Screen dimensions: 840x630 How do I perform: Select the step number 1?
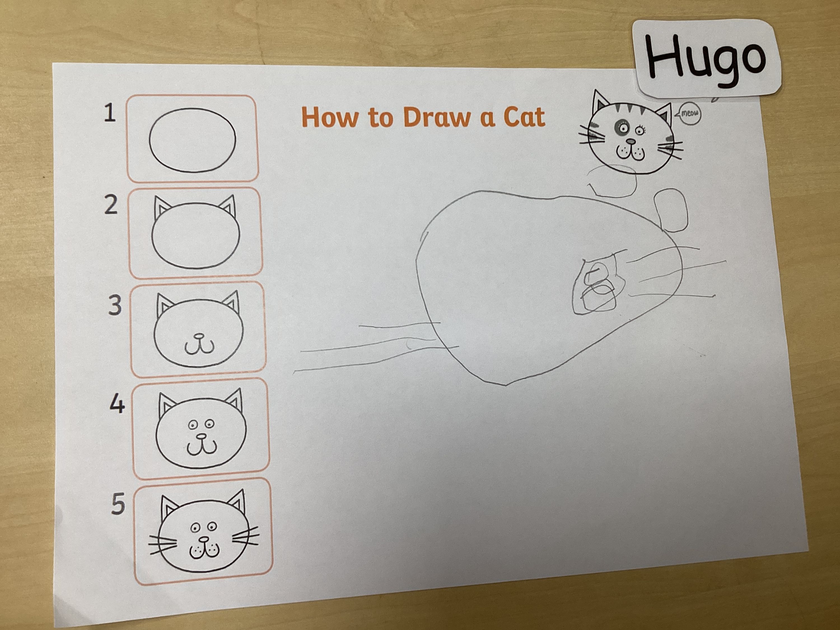(x=110, y=113)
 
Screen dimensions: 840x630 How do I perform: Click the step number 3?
(x=115, y=305)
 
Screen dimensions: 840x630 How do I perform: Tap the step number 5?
(x=118, y=505)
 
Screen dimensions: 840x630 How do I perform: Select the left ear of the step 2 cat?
(x=162, y=210)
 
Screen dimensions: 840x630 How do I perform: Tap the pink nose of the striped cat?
(x=630, y=141)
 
